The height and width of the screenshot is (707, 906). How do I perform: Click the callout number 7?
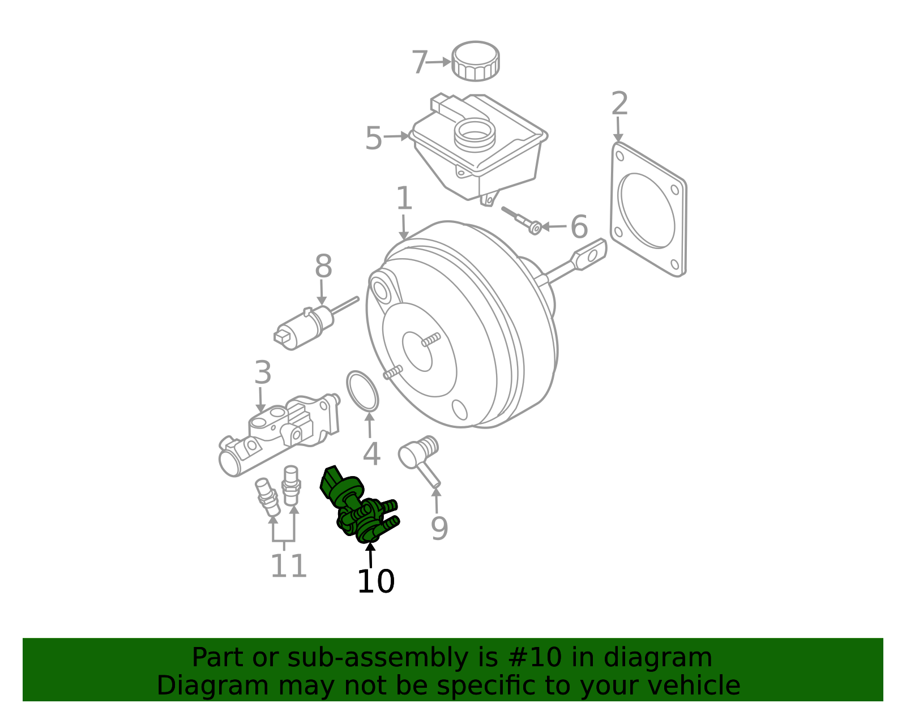[x=420, y=62]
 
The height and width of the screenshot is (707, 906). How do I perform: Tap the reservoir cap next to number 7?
[x=475, y=61]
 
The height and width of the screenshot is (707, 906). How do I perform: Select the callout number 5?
[x=374, y=138]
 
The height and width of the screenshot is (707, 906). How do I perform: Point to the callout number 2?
[x=619, y=104]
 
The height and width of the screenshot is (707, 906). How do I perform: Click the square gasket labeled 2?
[x=648, y=209]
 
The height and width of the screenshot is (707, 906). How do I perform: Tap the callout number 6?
[x=579, y=227]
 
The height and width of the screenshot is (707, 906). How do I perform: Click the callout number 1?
[x=404, y=198]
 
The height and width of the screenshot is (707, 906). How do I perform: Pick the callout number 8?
[x=323, y=266]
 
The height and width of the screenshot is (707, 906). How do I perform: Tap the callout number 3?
[x=263, y=372]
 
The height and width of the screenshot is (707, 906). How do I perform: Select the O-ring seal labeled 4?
[x=362, y=391]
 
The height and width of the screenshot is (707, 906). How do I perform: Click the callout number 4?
[x=371, y=454]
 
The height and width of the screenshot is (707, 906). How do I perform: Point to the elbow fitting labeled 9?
[x=419, y=461]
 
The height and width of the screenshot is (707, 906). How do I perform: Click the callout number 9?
[x=439, y=528]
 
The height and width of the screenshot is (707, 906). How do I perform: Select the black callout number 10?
[x=376, y=581]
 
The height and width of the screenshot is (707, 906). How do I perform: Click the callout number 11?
[x=289, y=565]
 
